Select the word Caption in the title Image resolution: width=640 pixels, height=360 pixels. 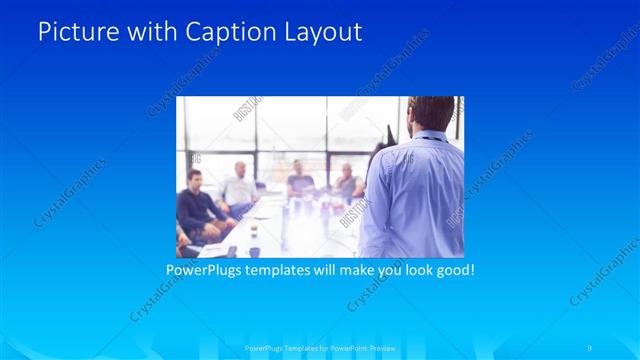[217, 32]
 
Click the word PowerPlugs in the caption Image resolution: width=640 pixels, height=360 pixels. [205, 270]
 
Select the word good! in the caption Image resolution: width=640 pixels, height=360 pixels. [453, 270]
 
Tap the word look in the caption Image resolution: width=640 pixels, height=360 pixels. [412, 270]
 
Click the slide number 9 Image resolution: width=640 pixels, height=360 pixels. [590, 347]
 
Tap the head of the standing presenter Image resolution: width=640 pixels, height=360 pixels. [432, 115]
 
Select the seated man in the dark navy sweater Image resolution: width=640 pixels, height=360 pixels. [195, 205]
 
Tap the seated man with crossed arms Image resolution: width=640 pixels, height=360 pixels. [347, 184]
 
